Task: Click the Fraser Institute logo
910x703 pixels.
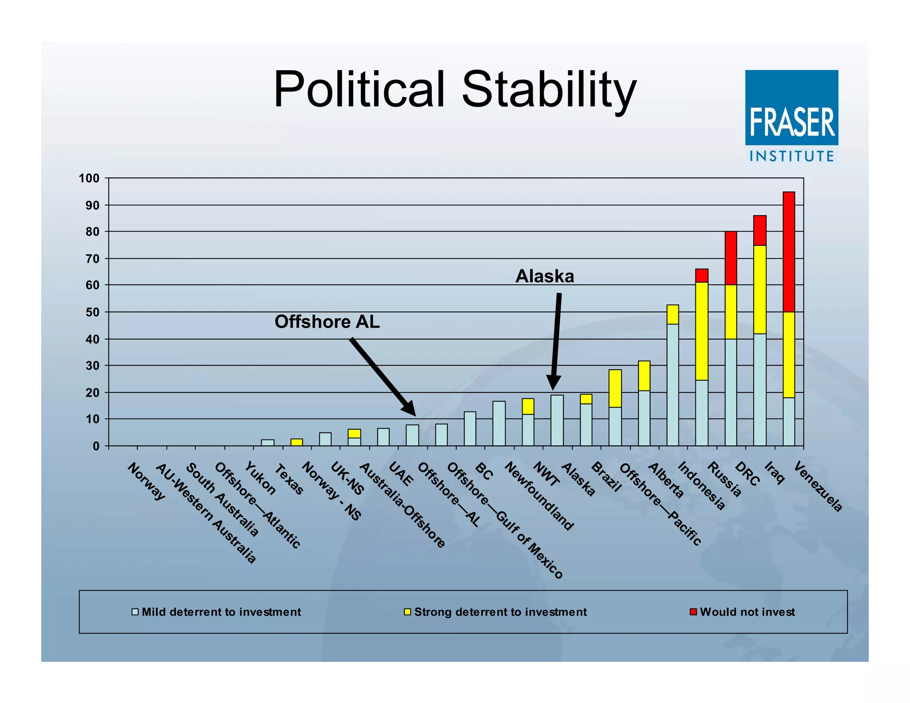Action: [791, 116]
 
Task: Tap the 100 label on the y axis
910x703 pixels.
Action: [89, 179]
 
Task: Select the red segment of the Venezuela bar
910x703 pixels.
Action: [789, 252]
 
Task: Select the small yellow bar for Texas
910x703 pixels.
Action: [296, 442]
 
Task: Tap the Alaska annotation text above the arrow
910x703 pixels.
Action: [544, 276]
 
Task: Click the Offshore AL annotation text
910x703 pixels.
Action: [327, 322]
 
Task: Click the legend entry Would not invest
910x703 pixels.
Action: [747, 612]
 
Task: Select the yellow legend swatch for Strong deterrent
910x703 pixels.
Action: [407, 612]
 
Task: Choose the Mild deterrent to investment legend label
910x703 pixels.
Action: [221, 612]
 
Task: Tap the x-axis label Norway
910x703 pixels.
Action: [146, 481]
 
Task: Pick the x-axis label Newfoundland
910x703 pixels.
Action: [539, 496]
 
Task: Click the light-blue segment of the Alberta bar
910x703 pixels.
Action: [673, 385]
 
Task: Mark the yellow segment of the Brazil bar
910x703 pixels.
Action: [615, 388]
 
